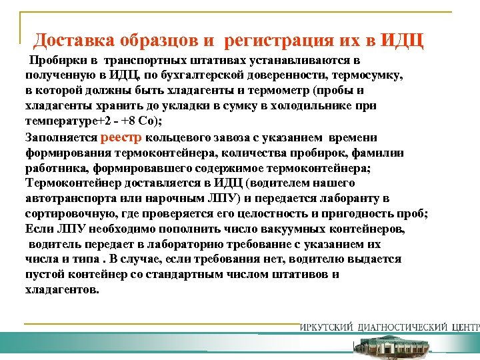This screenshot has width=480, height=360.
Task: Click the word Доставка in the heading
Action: pos(74,41)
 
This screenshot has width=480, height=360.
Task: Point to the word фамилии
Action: pos(385,153)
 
